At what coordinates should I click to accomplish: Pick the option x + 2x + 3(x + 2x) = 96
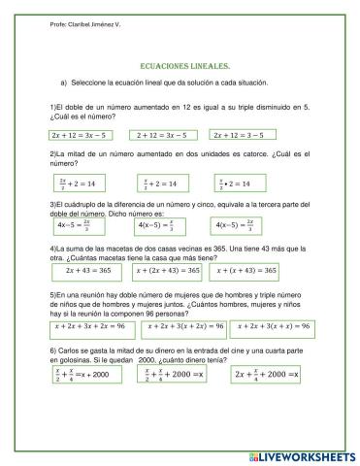pyautogui.click(x=181, y=326)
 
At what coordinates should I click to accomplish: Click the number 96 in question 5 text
pyautogui.click(x=164, y=311)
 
